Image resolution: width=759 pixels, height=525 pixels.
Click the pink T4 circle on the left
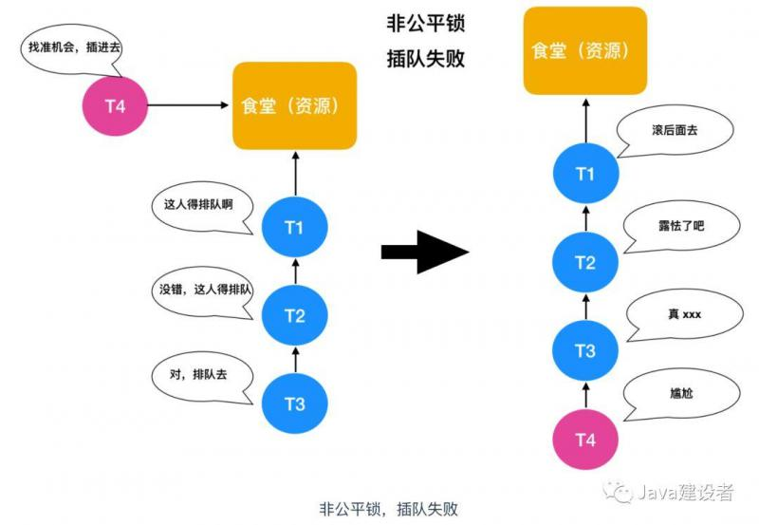click(115, 104)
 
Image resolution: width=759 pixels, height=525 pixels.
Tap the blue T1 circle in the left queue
click(294, 226)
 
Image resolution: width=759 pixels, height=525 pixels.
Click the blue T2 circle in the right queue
click(585, 263)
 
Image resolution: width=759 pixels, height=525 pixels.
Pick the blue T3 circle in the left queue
click(294, 404)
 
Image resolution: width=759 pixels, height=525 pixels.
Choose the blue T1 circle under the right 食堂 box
click(585, 174)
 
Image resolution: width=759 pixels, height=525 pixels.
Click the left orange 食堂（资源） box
click(294, 105)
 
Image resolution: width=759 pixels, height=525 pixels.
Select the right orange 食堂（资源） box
click(585, 50)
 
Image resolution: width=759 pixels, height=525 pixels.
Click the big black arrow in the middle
click(425, 252)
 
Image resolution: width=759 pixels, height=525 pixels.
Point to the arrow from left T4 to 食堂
click(190, 104)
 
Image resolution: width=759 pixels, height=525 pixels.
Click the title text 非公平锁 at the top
click(426, 22)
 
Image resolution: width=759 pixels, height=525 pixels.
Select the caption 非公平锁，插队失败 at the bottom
click(389, 509)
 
